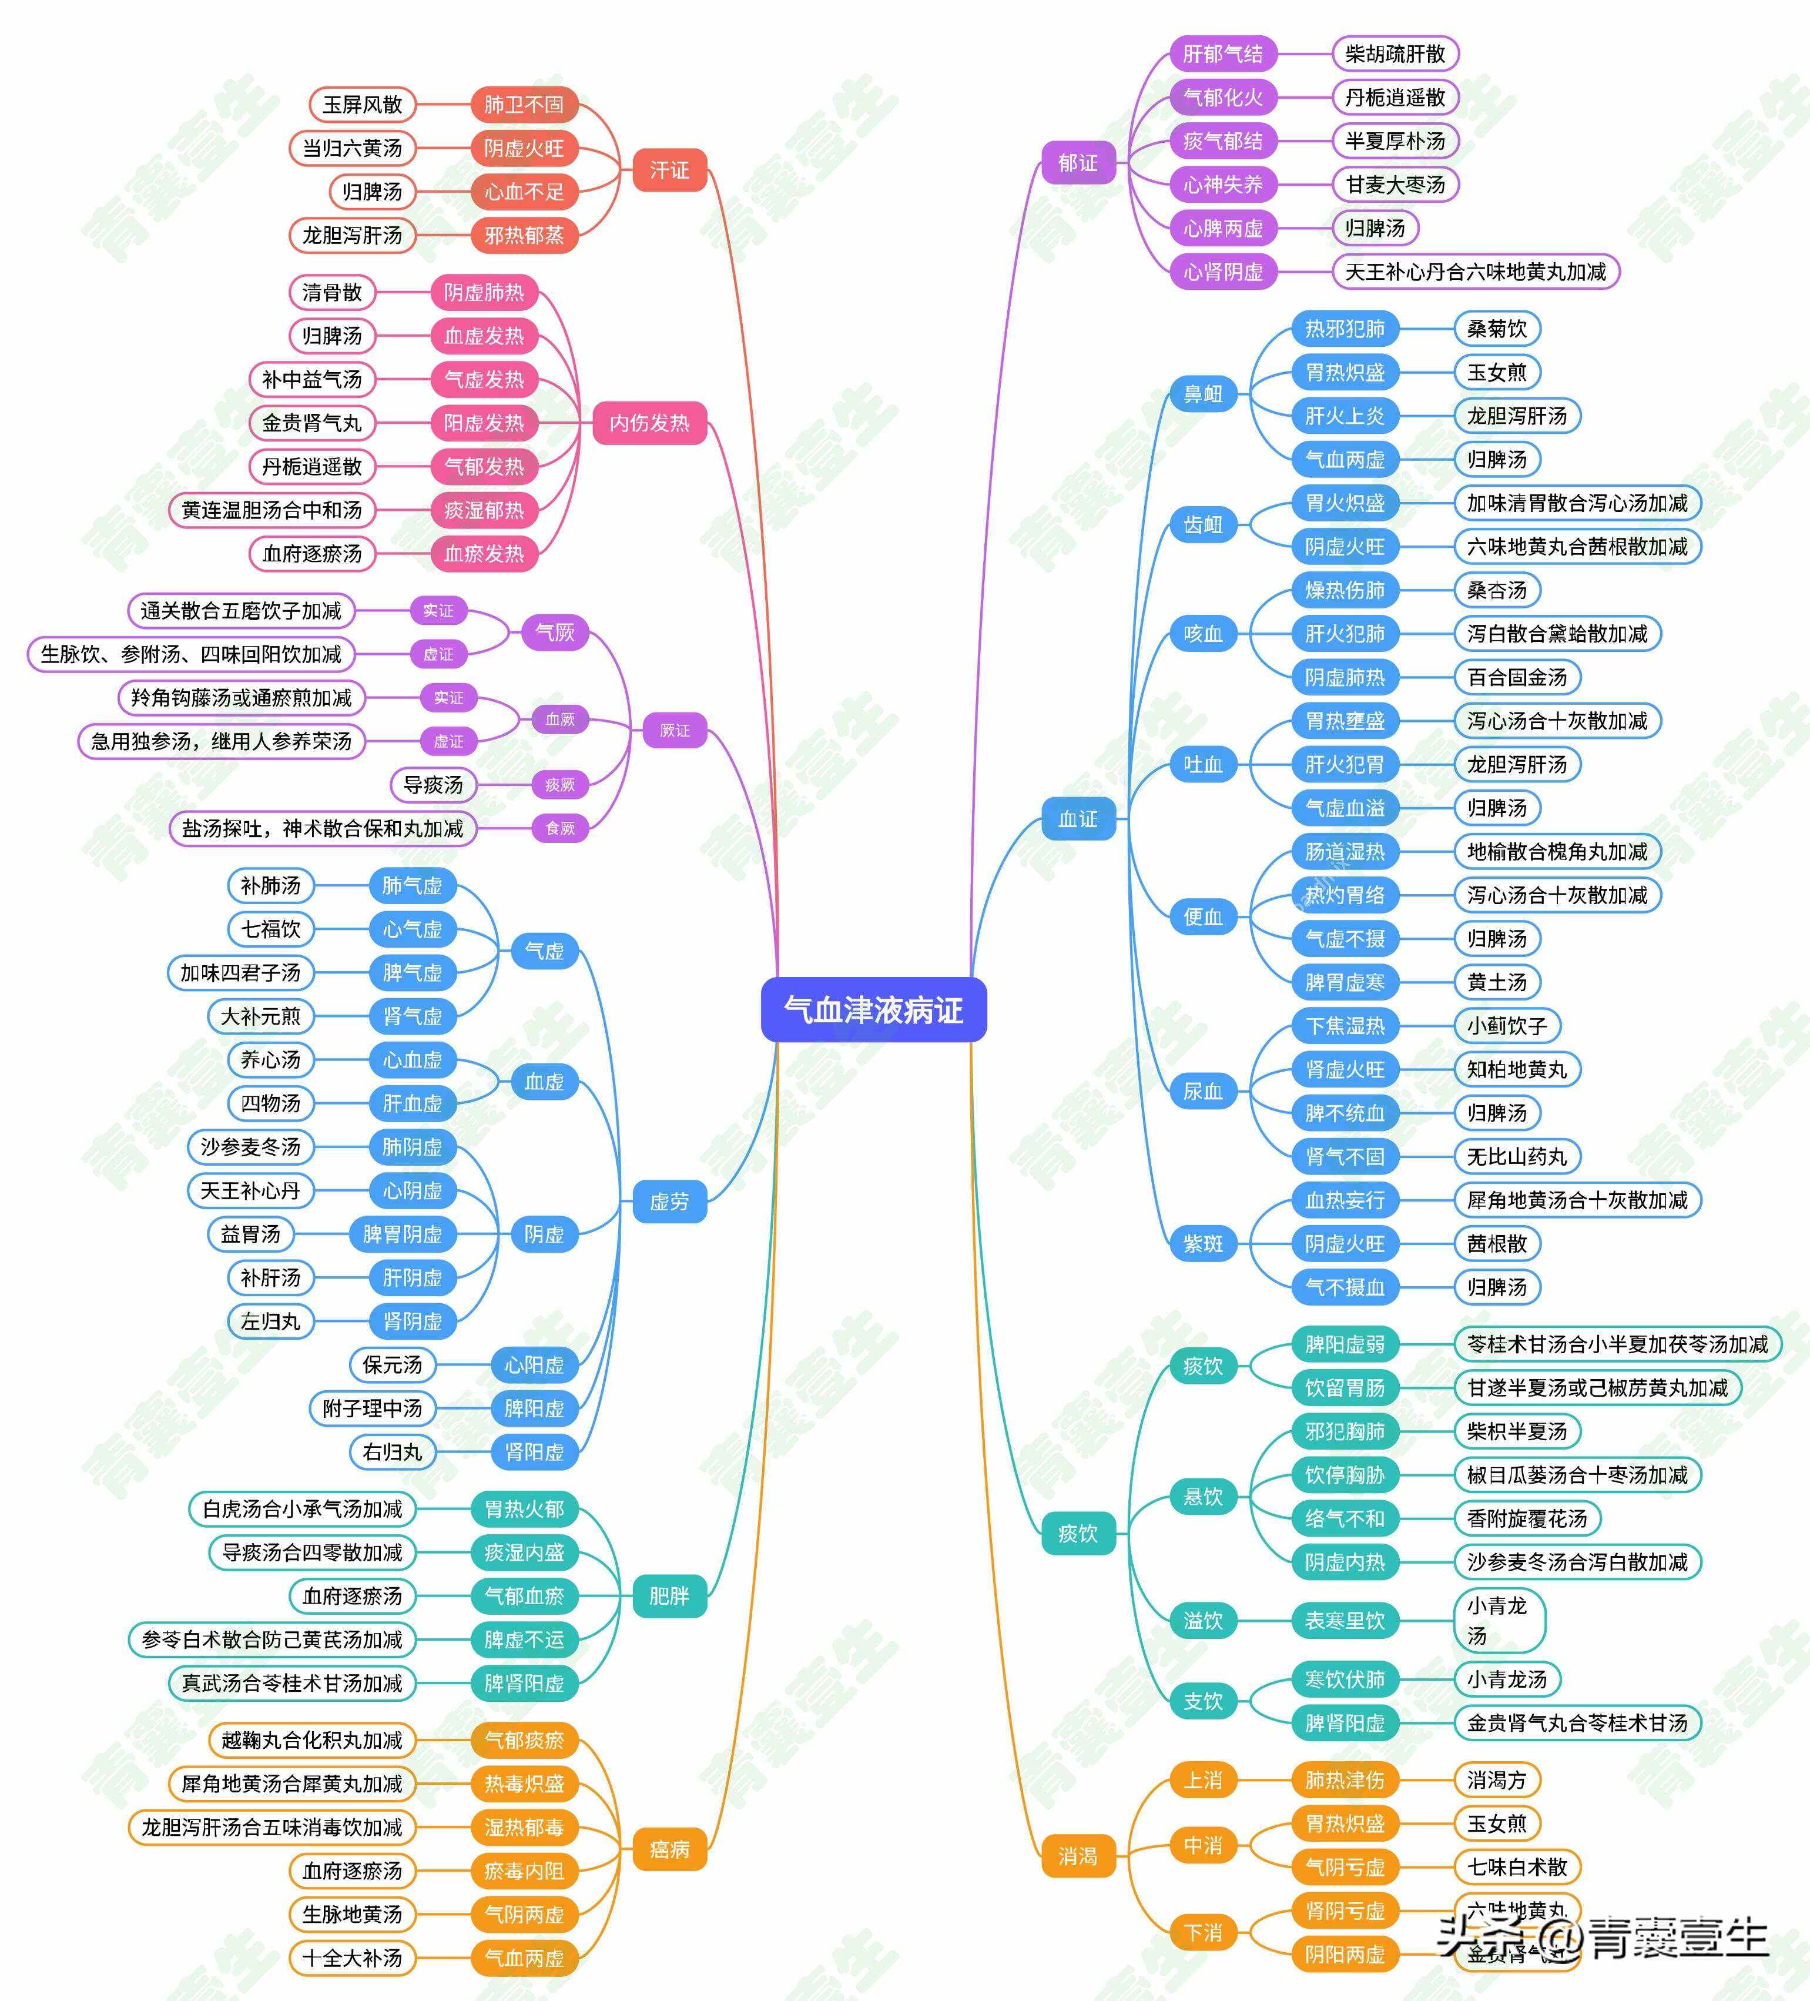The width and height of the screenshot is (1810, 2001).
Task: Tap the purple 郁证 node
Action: pos(1078,163)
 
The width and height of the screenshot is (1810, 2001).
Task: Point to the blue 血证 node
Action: pos(1078,819)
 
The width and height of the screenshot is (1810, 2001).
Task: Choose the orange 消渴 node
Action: pos(1078,1855)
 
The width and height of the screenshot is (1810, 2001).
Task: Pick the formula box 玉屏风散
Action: pos(362,104)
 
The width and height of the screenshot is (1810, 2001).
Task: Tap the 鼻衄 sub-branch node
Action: pos(1203,394)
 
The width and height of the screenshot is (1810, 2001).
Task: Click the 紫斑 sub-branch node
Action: pos(1203,1244)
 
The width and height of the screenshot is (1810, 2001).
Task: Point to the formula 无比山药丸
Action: pos(1516,1156)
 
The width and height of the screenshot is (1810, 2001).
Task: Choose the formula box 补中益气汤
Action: pos(311,379)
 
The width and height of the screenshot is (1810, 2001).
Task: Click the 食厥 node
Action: pos(559,828)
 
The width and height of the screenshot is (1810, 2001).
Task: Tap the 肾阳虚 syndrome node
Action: pos(534,1452)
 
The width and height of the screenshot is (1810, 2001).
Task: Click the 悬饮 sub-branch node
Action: pos(1203,1497)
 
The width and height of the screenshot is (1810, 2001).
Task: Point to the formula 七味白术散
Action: pos(1516,1867)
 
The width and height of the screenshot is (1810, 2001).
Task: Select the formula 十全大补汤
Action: pos(352,1958)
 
